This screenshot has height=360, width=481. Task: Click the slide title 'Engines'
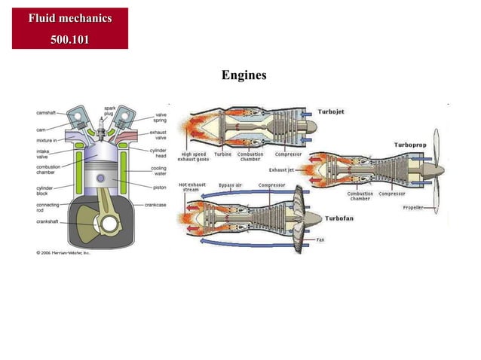coord(244,75)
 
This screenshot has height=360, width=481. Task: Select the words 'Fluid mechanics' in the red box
coord(69,18)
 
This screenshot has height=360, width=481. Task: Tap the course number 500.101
coord(69,38)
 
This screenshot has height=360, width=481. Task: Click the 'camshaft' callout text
coord(46,113)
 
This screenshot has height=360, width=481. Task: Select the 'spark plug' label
coord(109,111)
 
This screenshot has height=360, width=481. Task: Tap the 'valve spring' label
coord(160,117)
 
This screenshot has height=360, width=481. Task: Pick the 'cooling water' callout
coord(158,171)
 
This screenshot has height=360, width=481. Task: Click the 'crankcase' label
coord(156,204)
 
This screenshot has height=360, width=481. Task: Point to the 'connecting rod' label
coord(47,207)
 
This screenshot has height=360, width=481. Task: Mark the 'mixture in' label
coord(46,140)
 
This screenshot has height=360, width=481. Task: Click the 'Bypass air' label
coord(231,185)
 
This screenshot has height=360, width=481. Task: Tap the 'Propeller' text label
coord(414,206)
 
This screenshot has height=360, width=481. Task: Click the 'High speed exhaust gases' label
coord(192,157)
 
